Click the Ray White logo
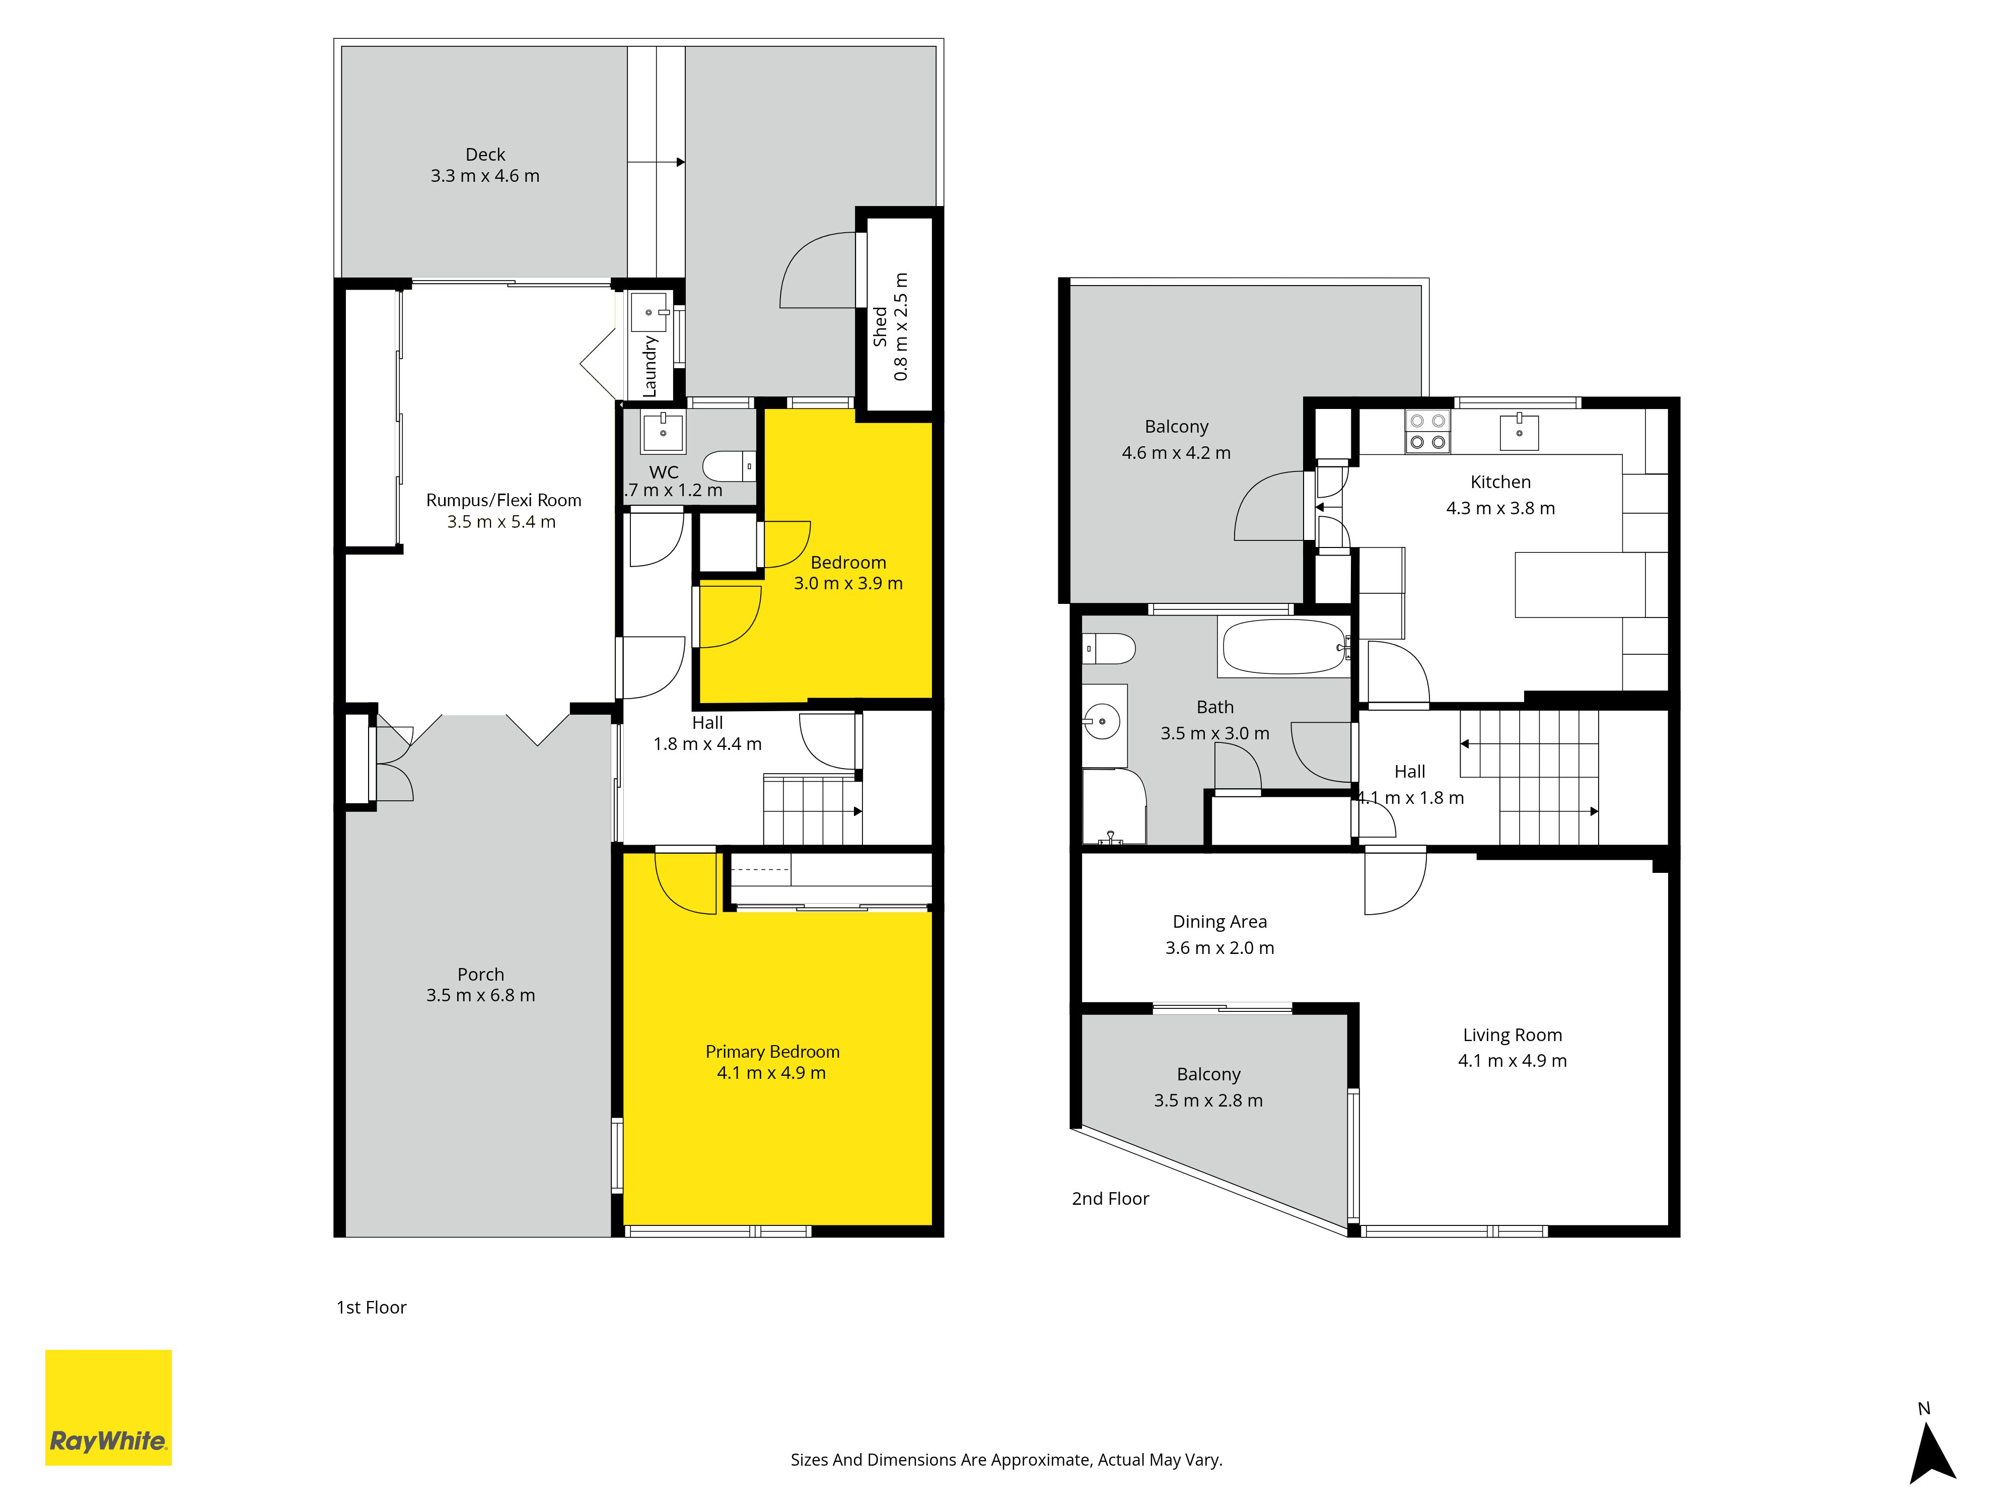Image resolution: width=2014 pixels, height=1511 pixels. pyautogui.click(x=108, y=1407)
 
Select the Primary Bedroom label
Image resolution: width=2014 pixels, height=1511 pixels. pyautogui.click(x=772, y=1051)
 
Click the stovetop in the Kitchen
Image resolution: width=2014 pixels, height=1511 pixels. pyautogui.click(x=1427, y=432)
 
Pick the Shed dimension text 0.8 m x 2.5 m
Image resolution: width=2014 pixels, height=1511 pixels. pyautogui.click(x=900, y=326)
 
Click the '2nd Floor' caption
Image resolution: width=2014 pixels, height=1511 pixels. pyautogui.click(x=1110, y=1199)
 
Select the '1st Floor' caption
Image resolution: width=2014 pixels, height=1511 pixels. pyautogui.click(x=372, y=1307)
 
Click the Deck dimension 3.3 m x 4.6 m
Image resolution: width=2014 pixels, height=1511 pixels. pyautogui.click(x=485, y=176)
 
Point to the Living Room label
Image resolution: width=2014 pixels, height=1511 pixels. pyautogui.click(x=1513, y=1035)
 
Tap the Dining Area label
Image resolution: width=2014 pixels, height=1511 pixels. pyautogui.click(x=1219, y=922)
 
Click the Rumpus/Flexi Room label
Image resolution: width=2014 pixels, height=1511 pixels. pyautogui.click(x=503, y=500)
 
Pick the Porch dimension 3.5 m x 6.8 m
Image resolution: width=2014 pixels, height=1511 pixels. pyautogui.click(x=481, y=995)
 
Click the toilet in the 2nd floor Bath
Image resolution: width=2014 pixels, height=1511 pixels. pyautogui.click(x=1109, y=649)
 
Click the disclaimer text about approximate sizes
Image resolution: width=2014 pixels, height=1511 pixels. pyautogui.click(x=1006, y=1460)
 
